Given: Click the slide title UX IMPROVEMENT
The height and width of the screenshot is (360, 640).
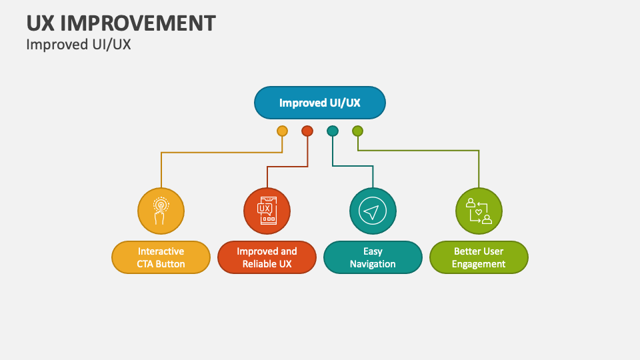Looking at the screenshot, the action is pos(121,23).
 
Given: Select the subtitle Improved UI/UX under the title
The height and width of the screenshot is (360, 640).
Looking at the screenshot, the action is pos(79,45).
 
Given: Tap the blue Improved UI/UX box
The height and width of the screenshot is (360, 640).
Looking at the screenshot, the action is pos(319,103).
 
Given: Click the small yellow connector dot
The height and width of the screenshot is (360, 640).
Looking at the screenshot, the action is pos(282,131).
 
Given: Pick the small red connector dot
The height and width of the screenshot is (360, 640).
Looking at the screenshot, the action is pos(307,131).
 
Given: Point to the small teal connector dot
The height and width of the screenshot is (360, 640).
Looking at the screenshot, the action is pos(333,131).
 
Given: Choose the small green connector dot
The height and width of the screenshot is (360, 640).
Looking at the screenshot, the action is pos(357,131).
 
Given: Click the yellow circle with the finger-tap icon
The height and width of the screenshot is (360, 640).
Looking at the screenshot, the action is pos(161,211).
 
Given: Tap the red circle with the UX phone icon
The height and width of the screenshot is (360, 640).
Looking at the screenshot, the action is pos(267,211).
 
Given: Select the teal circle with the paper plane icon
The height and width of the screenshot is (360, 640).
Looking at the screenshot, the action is pos(373,211).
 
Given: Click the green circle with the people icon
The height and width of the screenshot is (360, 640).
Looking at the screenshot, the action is pos(479,211).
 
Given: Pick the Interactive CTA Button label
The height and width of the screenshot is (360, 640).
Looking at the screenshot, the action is pos(161,257).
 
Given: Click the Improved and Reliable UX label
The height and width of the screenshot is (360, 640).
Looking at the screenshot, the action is pos(267,257).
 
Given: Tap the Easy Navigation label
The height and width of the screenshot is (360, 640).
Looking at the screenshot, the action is pos(373,257).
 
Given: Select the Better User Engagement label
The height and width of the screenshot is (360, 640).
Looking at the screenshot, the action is pos(479,257).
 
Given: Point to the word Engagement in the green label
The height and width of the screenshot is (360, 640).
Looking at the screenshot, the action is pos(479,265).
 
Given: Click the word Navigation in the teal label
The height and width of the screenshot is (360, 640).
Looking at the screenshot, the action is pos(373,265).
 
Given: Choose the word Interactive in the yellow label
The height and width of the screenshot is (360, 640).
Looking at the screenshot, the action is pos(161,251).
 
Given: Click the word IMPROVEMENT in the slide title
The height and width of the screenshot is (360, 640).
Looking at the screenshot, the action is pos(138,23).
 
